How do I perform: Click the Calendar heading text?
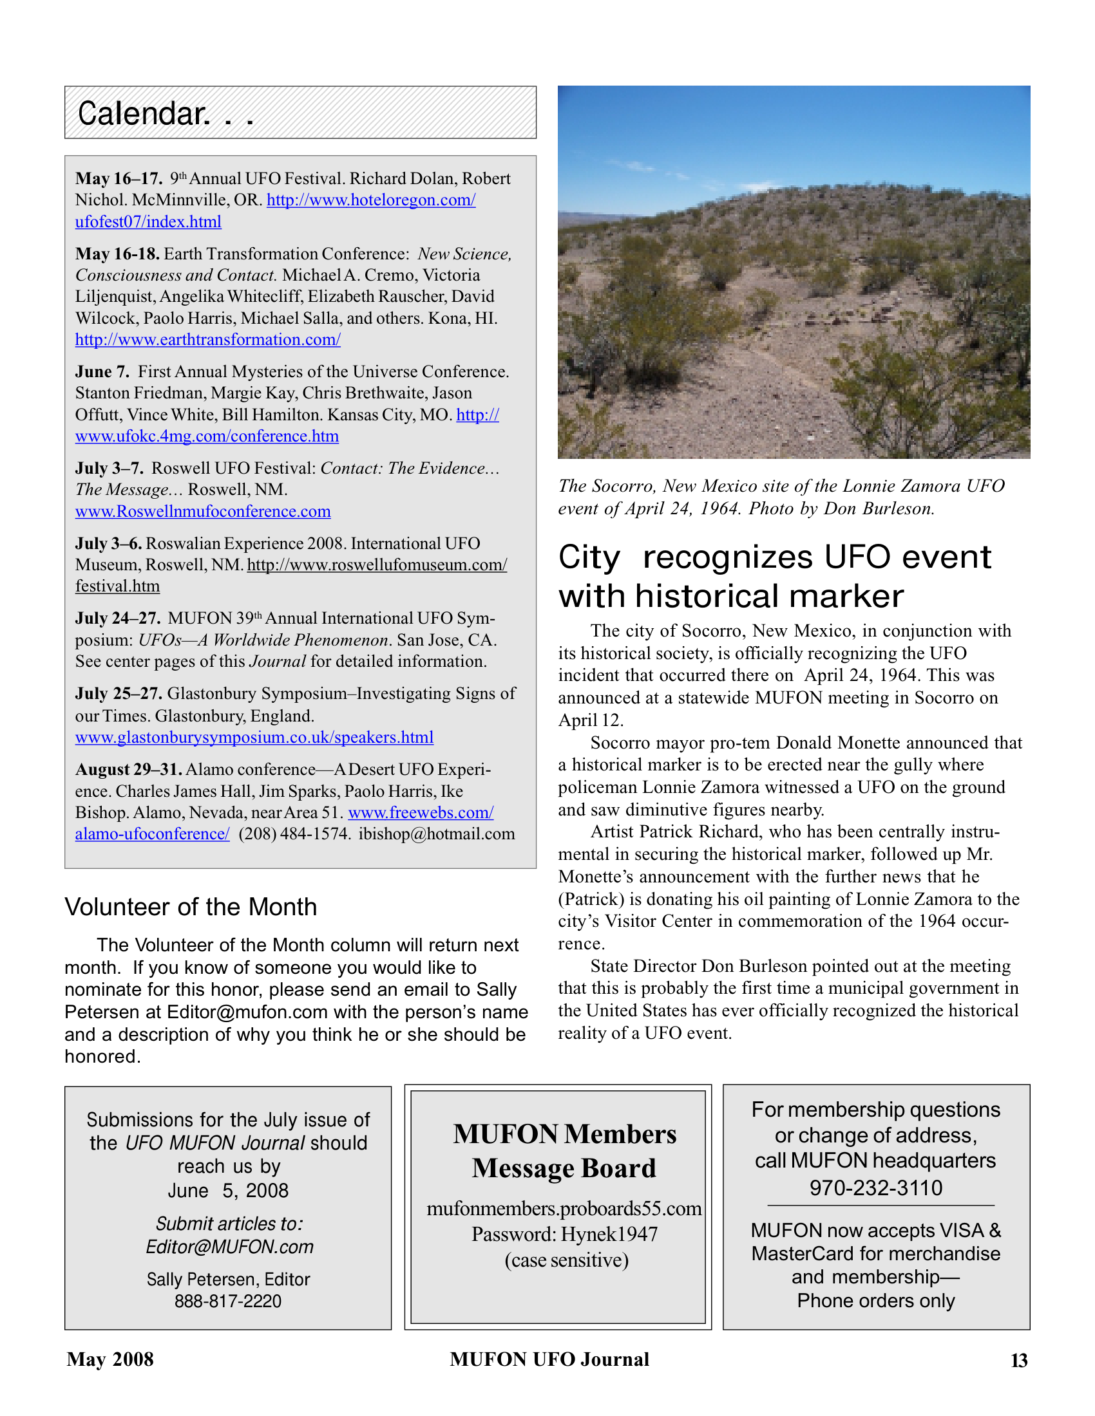144,114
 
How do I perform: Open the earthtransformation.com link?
207,340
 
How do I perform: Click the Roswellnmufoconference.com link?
202,512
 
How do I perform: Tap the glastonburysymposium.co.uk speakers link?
254,738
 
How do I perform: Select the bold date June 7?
102,372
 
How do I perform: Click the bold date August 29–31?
128,770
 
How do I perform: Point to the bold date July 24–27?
117,619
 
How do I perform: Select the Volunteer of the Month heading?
191,907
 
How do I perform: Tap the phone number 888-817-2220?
227,1301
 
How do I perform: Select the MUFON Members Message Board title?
564,1151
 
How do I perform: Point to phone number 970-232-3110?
875,1188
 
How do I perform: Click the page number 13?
1018,1361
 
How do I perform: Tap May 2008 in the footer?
110,1359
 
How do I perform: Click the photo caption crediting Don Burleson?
781,498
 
